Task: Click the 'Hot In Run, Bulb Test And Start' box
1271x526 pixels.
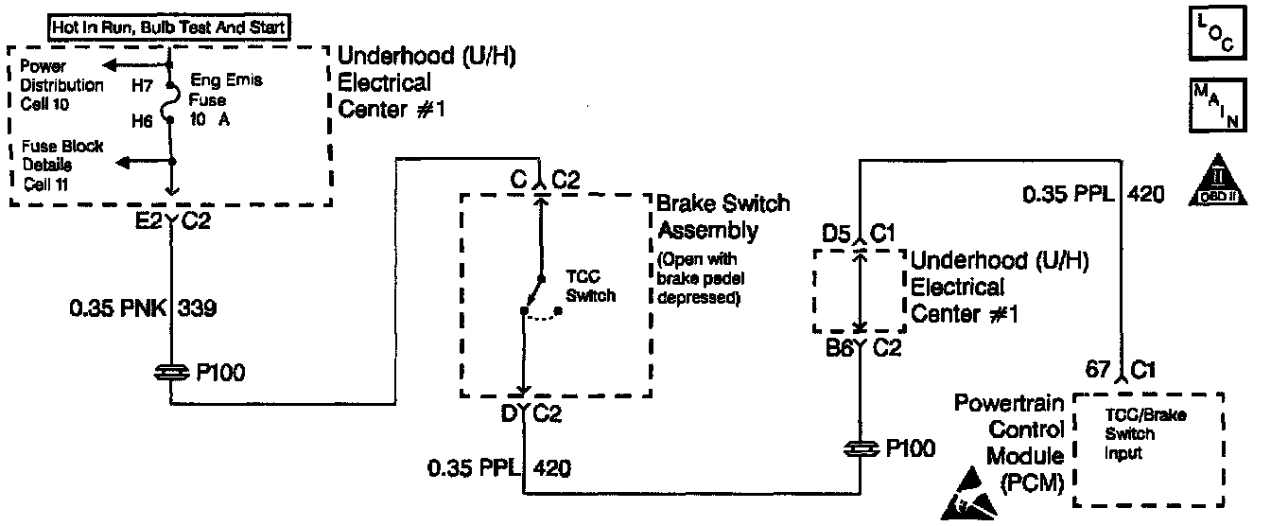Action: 169,27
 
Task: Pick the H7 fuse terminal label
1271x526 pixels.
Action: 142,85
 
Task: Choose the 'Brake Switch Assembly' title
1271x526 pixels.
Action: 723,217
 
